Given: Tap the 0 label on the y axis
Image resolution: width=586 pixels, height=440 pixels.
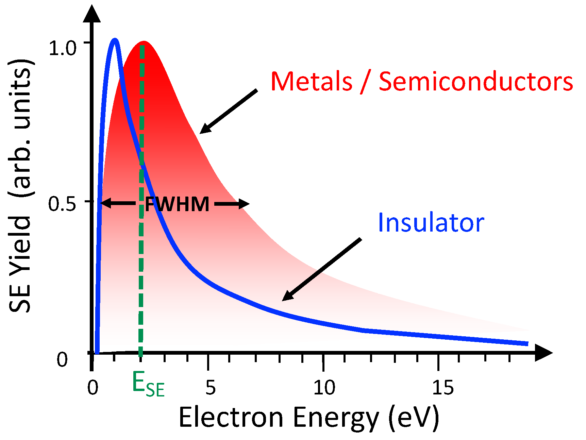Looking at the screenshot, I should pos(62,359).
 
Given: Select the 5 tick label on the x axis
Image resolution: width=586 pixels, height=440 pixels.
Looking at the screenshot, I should pos(211,387).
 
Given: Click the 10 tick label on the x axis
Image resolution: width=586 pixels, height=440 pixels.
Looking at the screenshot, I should pos(324,387).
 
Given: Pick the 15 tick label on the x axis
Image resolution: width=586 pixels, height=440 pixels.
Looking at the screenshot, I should pos(443,387).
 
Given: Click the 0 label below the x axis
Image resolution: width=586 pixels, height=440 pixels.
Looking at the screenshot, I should pos(93,387).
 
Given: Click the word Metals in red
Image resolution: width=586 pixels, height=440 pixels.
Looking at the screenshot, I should pos(312,82).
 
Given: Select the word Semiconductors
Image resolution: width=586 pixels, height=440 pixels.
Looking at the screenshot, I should pos(476,82).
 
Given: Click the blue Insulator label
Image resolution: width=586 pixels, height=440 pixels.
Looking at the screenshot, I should pos(431,223).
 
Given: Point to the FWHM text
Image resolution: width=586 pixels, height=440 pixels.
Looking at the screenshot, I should pos(177,204).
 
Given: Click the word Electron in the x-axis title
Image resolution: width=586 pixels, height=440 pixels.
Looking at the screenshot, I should pos(231,417).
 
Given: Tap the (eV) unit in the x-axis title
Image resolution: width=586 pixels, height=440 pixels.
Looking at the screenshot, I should pos(414,417).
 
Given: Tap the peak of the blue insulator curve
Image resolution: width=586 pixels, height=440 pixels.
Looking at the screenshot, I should pos(115,41).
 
